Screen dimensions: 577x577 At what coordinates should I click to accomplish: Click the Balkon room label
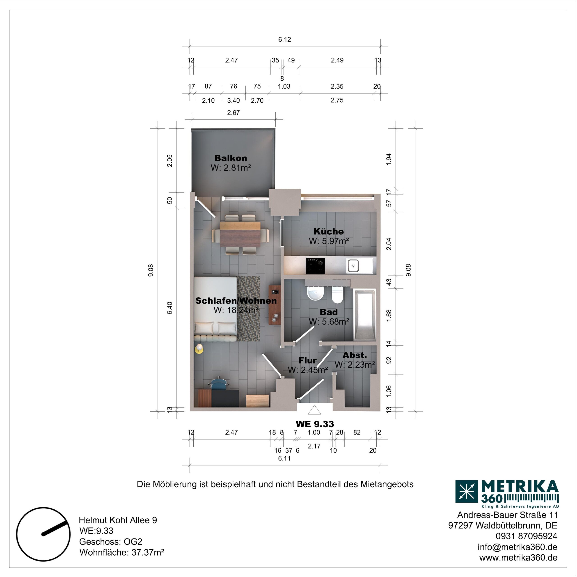pyautogui.click(x=231, y=158)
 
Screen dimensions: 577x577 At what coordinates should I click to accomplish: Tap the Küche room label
pyautogui.click(x=329, y=231)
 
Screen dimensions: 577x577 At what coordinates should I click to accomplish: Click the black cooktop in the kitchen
pyautogui.click(x=315, y=266)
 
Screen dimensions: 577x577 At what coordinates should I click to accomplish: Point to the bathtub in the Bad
pyautogui.click(x=365, y=315)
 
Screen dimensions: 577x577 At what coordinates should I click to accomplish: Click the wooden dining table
pyautogui.click(x=240, y=234)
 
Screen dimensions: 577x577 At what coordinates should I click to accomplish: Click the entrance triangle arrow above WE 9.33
pyautogui.click(x=314, y=410)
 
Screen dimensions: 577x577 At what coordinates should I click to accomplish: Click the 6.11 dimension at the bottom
pyautogui.click(x=284, y=458)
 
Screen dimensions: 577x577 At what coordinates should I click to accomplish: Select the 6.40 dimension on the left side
pyautogui.click(x=170, y=308)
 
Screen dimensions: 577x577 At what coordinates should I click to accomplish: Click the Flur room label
pyautogui.click(x=308, y=360)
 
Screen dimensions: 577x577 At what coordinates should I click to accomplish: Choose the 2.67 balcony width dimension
pyautogui.click(x=233, y=113)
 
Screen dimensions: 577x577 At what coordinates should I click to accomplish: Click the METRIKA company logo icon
pyautogui.click(x=467, y=491)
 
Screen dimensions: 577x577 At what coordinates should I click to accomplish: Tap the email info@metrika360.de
pyautogui.click(x=517, y=547)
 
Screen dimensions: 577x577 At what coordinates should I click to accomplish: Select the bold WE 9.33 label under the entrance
pyautogui.click(x=315, y=424)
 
